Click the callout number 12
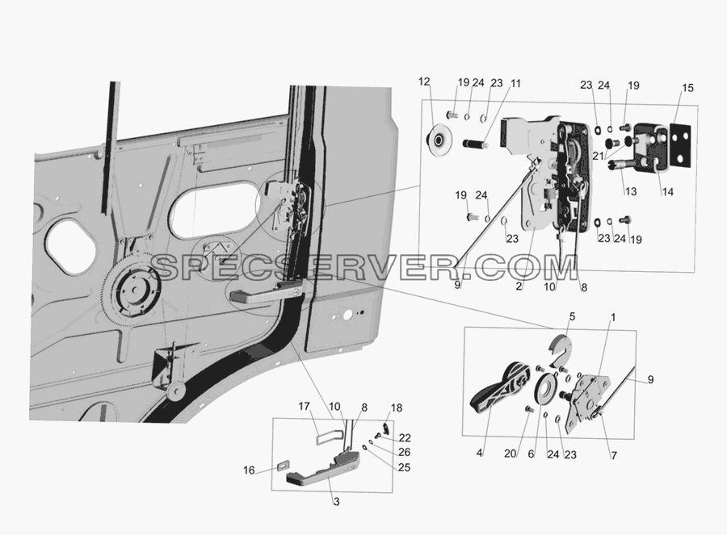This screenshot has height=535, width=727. (x=424, y=82)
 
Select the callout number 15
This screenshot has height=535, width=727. (x=687, y=87)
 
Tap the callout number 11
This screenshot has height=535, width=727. (x=515, y=84)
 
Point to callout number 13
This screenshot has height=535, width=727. (x=631, y=191)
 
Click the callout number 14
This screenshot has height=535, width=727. (x=667, y=191)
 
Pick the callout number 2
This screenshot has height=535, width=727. (x=519, y=286)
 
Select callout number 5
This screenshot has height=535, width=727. (x=572, y=317)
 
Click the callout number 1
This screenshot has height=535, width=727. (x=613, y=318)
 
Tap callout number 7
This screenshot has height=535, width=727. (x=614, y=456)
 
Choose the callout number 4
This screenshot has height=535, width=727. (x=479, y=453)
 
